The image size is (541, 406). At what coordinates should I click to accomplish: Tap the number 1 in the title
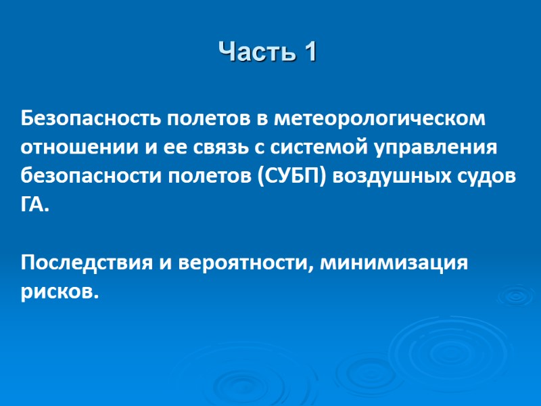[310, 52]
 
